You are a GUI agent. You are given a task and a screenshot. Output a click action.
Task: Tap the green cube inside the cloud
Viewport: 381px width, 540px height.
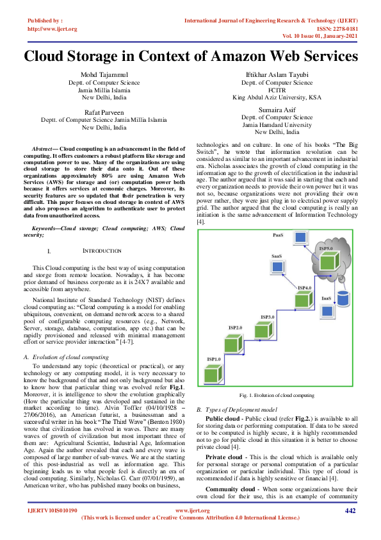[x=328, y=260]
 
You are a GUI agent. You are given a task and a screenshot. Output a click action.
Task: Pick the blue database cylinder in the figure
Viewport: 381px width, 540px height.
[x=344, y=298]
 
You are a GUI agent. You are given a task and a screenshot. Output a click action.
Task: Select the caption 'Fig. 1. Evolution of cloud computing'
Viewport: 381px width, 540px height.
[x=277, y=396]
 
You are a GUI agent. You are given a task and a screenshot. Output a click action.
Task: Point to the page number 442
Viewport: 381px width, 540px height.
[x=350, y=528]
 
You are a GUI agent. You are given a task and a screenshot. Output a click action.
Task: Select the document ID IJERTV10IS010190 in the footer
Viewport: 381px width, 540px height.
[x=51, y=528]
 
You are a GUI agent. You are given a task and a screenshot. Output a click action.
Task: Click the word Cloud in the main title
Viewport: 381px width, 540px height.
[x=50, y=56]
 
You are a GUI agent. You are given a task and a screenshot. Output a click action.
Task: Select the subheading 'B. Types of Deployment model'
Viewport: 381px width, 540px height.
[x=237, y=409]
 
